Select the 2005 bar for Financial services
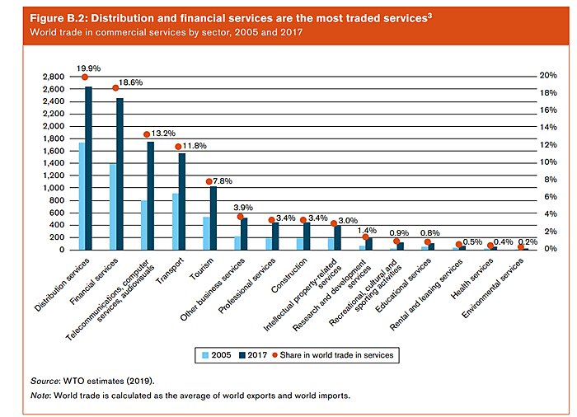[112, 206]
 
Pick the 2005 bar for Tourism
[205, 233]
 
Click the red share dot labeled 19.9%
[84, 77]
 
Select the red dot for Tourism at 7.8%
[209, 181]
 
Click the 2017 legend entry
[257, 354]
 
